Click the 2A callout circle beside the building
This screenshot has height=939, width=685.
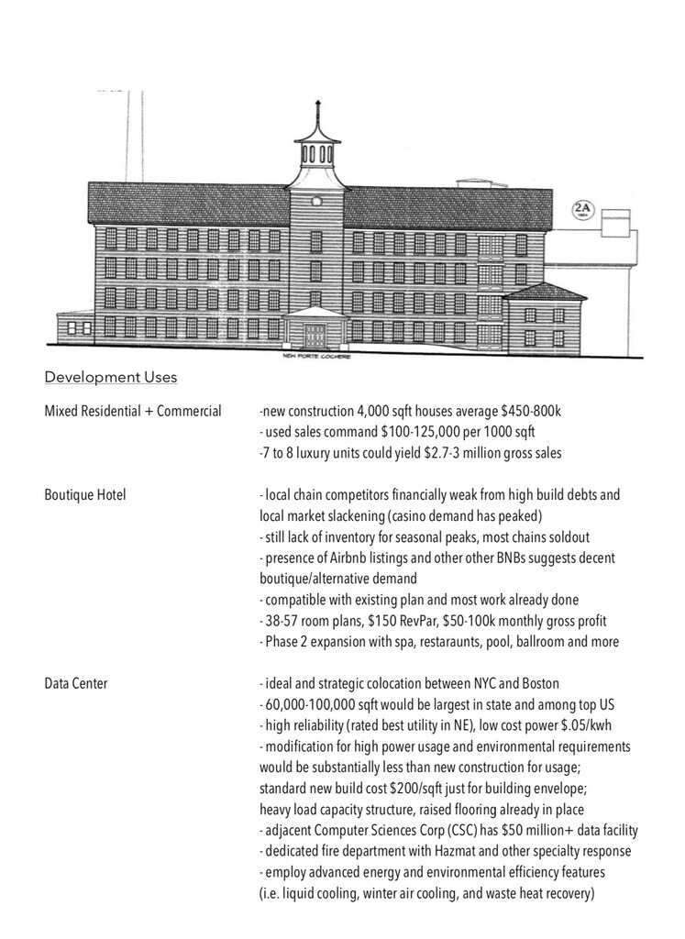[582, 209]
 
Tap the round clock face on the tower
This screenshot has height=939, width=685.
[317, 200]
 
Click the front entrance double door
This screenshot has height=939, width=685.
[316, 334]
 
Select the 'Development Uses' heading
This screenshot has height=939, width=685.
[111, 377]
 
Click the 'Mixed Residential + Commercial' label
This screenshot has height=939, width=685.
[133, 411]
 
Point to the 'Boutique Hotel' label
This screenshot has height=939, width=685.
[85, 495]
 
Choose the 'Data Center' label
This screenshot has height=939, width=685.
[76, 684]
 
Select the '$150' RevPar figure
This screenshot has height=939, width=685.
[395, 622]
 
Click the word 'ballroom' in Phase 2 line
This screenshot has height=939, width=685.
[547, 642]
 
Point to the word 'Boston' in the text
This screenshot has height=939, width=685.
[539, 684]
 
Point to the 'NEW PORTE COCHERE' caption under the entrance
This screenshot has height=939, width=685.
[316, 358]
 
